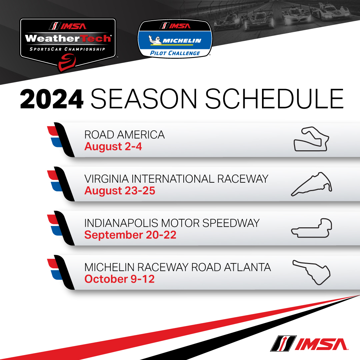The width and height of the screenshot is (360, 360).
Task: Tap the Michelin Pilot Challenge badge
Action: click(175, 39)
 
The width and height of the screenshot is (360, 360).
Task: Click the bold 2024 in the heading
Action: click(52, 99)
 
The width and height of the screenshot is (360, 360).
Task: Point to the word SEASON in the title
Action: click(144, 99)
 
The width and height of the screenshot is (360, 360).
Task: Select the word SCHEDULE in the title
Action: click(274, 99)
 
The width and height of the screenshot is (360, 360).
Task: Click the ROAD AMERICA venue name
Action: click(124, 135)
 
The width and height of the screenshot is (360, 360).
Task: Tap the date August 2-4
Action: click(113, 146)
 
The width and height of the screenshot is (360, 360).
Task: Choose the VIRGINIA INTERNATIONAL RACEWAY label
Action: click(176, 179)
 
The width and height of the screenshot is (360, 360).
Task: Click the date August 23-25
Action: click(120, 191)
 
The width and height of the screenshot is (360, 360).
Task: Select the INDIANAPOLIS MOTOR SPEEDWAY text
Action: click(172, 223)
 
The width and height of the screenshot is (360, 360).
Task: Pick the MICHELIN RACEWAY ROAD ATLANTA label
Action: click(178, 267)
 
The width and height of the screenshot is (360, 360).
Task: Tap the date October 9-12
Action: click(120, 279)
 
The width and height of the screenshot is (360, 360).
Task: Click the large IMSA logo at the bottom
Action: click(309, 343)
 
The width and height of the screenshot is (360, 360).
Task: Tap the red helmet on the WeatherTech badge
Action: click(67, 62)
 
